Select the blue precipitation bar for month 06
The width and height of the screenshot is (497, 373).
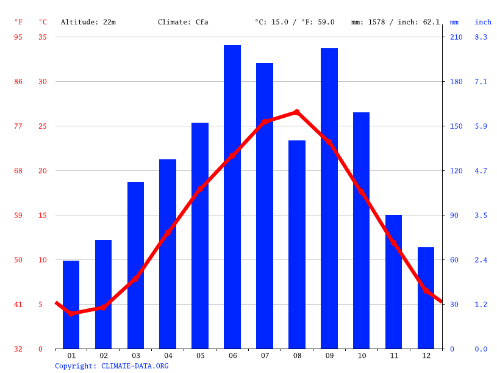tap(232, 197)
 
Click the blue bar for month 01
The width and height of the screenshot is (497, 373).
tap(71, 305)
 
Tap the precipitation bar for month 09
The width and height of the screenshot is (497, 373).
tap(329, 198)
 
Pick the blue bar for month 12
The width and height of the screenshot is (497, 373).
tap(426, 298)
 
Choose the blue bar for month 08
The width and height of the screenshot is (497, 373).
tap(297, 244)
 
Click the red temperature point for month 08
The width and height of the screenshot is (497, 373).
tap(297, 112)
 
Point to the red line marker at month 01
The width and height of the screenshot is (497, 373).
tap(71, 313)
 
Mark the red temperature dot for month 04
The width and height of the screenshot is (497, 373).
tap(168, 233)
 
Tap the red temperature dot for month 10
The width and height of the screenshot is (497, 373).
tap(361, 192)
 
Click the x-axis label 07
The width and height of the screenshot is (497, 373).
tap(265, 355)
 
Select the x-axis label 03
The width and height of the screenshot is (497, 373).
tap(136, 355)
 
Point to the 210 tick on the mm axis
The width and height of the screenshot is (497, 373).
tap(456, 37)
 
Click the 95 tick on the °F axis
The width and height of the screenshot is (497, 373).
tap(18, 37)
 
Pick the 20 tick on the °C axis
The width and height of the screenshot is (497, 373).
tap(42, 171)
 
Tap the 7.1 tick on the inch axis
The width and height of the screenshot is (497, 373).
tap(481, 82)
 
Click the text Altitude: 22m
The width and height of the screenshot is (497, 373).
tap(88, 22)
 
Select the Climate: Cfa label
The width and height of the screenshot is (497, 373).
tap(183, 22)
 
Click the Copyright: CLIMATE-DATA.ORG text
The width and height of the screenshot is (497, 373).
tap(112, 366)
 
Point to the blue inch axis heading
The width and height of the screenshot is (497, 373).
tap(483, 22)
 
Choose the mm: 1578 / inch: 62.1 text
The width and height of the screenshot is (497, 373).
tap(395, 22)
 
